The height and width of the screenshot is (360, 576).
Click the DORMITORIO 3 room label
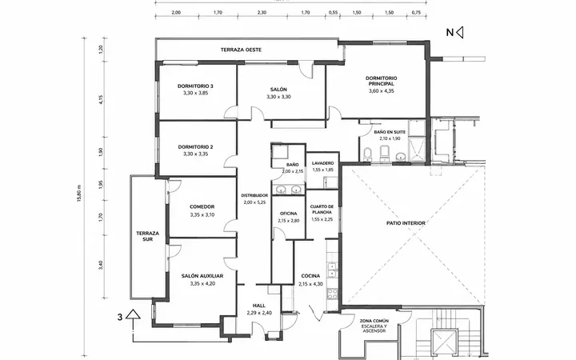(x=195, y=86)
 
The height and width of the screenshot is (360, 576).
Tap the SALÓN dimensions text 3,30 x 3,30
(x=279, y=97)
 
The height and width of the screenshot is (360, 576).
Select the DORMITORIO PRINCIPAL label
(x=382, y=81)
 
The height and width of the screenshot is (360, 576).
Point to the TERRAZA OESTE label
(x=242, y=50)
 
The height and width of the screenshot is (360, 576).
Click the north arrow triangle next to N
(x=459, y=32)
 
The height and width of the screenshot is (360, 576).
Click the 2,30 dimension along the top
(x=262, y=13)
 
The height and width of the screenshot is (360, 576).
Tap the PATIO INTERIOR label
(x=406, y=223)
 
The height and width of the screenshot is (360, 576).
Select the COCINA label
(x=310, y=276)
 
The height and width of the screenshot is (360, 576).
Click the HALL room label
(x=259, y=306)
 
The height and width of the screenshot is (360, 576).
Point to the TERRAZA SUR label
(x=148, y=236)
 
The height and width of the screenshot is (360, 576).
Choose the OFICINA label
(x=288, y=214)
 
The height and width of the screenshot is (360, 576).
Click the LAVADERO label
(x=323, y=163)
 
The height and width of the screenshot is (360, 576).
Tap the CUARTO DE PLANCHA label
(x=322, y=210)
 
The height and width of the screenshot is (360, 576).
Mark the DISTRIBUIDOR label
(x=254, y=195)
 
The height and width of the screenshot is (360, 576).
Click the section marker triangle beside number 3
(x=133, y=314)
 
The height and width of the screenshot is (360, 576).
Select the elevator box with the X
(x=444, y=342)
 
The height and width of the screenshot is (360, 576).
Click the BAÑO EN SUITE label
(x=390, y=132)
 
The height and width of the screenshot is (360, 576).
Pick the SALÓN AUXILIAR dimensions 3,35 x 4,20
(x=202, y=284)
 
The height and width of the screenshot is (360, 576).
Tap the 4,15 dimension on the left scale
(x=102, y=99)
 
